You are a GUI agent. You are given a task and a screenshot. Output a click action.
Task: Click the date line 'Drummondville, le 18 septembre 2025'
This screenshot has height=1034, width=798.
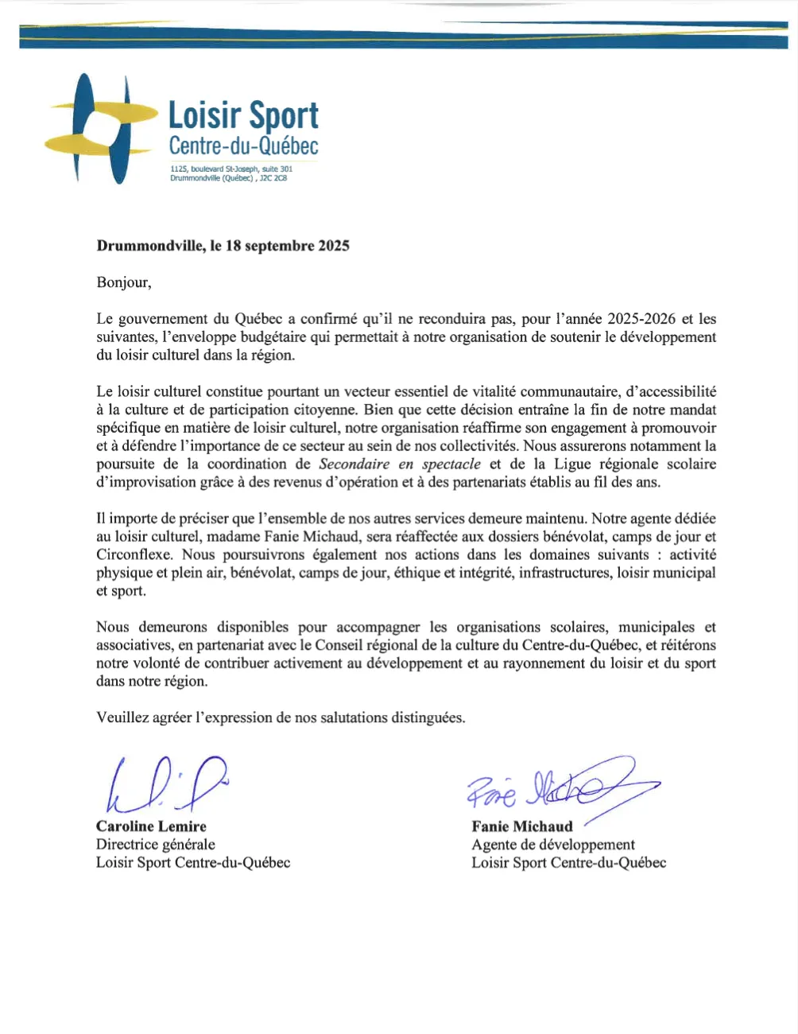(223, 246)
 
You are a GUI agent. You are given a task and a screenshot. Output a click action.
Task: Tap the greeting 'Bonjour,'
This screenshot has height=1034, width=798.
(123, 282)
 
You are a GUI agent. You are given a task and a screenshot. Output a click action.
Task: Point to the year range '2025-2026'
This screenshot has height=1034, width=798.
(641, 319)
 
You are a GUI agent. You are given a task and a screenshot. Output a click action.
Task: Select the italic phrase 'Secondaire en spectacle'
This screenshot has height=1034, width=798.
(400, 465)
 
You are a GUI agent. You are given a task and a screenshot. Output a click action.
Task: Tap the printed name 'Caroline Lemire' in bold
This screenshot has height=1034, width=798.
(151, 826)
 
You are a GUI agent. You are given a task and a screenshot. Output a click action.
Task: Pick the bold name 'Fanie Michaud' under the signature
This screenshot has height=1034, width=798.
(521, 826)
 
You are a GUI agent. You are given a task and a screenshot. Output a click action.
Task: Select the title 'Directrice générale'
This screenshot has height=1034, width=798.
(156, 845)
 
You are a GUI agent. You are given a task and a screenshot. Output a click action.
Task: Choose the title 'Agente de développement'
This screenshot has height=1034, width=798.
(553, 845)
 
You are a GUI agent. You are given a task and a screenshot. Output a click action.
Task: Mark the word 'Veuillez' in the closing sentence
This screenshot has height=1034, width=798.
(122, 717)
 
